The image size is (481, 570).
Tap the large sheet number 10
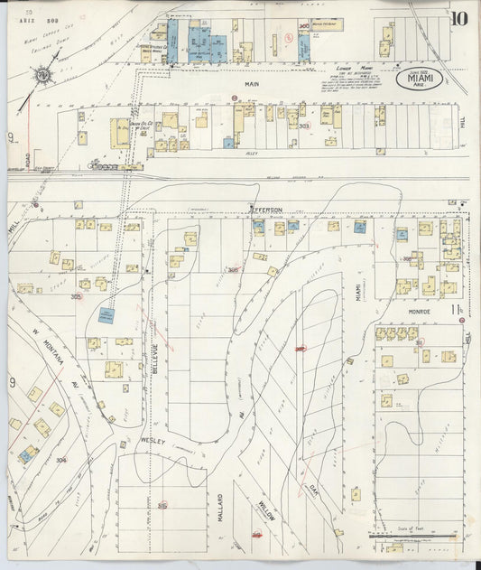(x=458, y=18)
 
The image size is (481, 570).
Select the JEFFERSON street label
(x=267, y=210)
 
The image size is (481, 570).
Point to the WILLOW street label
(x=267, y=515)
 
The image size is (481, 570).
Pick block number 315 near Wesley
(x=162, y=506)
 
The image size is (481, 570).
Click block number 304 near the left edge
(x=60, y=460)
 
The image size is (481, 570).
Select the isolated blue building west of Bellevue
(x=106, y=315)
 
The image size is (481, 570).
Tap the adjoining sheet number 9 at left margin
(x=13, y=383)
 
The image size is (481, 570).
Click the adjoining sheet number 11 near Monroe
(x=458, y=310)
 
